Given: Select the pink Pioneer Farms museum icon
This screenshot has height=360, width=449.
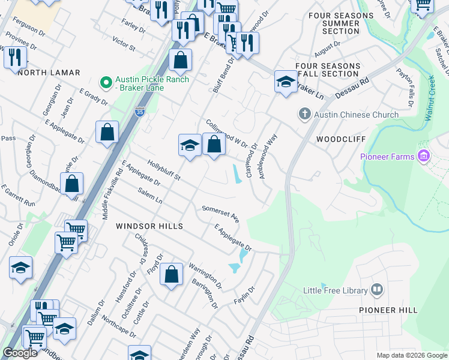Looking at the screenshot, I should pyautogui.click(x=424, y=157).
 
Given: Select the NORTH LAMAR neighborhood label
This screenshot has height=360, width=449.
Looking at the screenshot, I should pyautogui.click(x=49, y=73).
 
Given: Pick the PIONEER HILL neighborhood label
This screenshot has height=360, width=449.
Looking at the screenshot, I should pyautogui.click(x=387, y=310).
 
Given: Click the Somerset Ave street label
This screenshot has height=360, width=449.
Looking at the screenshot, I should pyautogui.click(x=220, y=213).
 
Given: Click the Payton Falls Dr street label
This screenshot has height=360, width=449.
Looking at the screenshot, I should pyautogui.click(x=405, y=85).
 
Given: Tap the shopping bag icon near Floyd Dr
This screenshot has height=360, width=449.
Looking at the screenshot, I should pyautogui.click(x=172, y=274).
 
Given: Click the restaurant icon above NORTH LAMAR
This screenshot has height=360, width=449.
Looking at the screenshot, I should pyautogui.click(x=15, y=58).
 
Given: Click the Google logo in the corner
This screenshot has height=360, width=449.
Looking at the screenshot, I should pyautogui.click(x=20, y=352).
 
